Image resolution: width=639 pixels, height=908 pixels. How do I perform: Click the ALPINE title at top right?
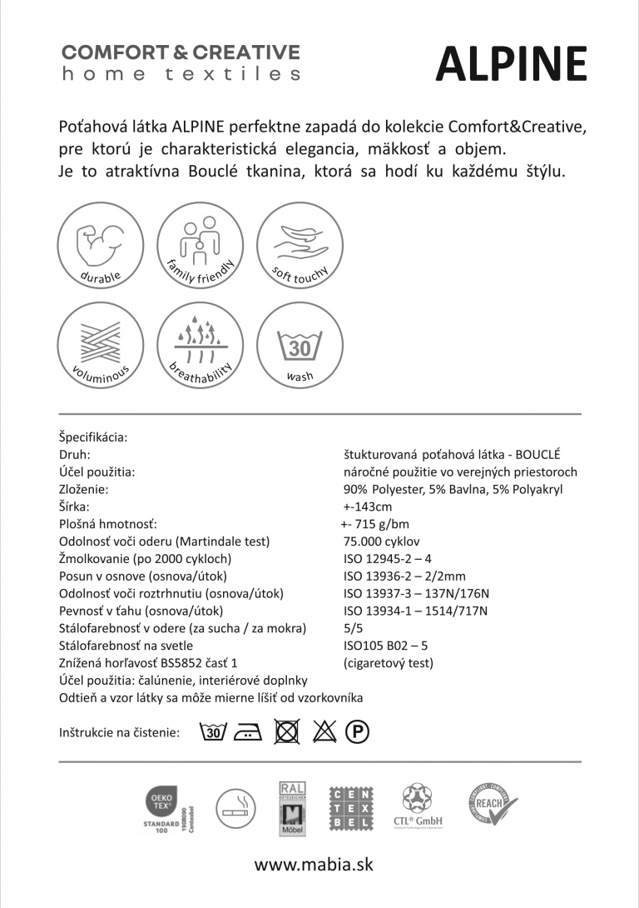point(511,63)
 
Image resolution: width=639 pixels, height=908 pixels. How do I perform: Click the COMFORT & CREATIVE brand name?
point(181,52)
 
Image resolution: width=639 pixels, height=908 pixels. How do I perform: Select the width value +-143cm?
point(367,506)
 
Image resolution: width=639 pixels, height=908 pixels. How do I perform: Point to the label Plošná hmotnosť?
point(108,524)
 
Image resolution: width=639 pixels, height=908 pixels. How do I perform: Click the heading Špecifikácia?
point(93,437)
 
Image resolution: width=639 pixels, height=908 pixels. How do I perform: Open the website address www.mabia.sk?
point(313,865)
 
